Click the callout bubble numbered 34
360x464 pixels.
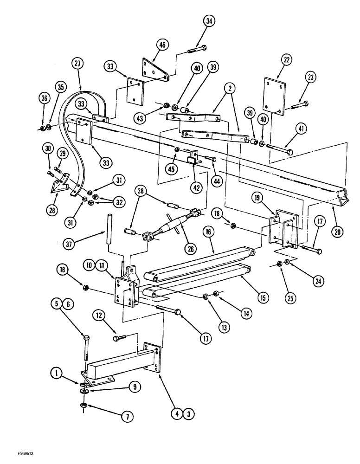pyautogui.click(x=209, y=21)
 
